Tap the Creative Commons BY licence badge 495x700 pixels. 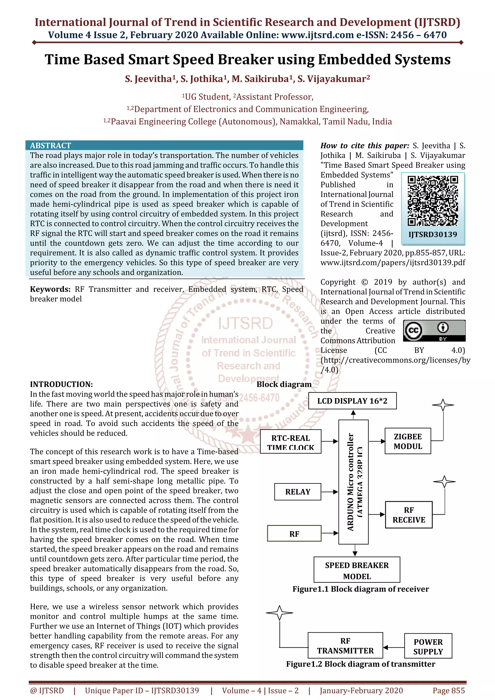click(x=434, y=330)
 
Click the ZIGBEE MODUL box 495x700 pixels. click(x=408, y=441)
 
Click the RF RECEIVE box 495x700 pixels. click(x=409, y=515)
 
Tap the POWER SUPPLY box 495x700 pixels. click(x=428, y=646)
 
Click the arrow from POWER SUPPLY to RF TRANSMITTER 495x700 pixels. click(x=393, y=648)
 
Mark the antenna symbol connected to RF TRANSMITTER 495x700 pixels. click(x=279, y=613)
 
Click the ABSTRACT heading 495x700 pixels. click(x=50, y=145)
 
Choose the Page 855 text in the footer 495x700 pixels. click(x=449, y=691)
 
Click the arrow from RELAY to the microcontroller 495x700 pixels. click(x=330, y=492)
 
